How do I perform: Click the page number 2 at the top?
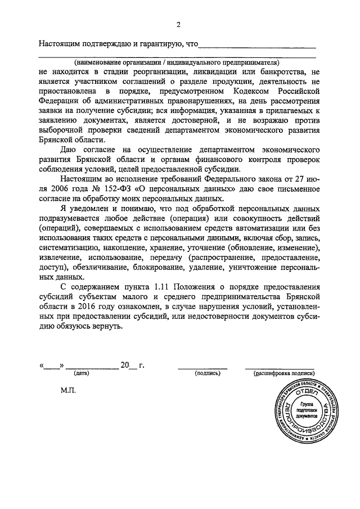[178, 25]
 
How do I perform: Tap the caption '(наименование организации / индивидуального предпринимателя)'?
[177, 62]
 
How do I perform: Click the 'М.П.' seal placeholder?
[67, 389]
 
